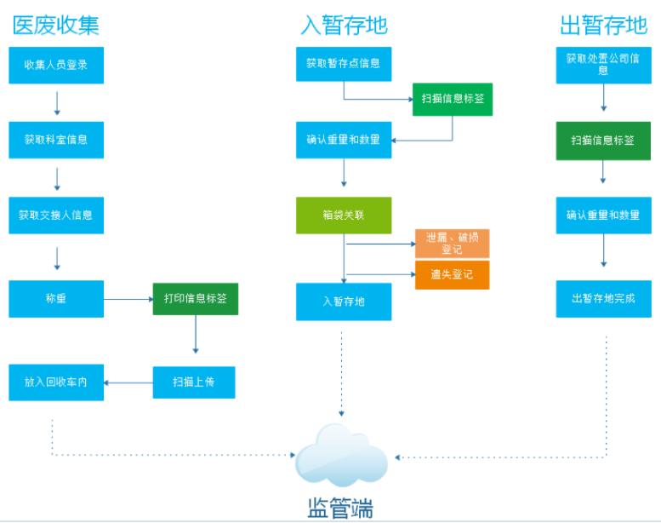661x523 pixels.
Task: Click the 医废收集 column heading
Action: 56,25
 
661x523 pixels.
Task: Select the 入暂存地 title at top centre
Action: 344,25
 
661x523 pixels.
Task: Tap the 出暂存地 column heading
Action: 603,25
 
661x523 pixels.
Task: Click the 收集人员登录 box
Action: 56,65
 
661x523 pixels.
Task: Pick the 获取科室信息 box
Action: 56,140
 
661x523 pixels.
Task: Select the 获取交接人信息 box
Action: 56,216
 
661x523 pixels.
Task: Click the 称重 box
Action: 56,299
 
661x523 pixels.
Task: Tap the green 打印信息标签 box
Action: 195,299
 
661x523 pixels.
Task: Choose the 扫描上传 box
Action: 194,382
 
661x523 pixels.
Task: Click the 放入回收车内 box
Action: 56,382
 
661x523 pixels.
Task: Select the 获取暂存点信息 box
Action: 344,64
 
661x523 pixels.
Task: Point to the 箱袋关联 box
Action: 344,216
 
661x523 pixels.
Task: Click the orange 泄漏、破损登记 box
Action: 453,244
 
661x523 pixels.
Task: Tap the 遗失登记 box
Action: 453,275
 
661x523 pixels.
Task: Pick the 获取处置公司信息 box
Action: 604,65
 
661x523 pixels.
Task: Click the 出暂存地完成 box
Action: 604,299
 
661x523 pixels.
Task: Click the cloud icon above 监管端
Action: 341,456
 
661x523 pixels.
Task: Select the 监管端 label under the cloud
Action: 340,508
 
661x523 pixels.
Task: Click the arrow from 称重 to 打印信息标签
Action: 128,299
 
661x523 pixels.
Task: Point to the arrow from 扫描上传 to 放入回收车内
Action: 128,382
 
